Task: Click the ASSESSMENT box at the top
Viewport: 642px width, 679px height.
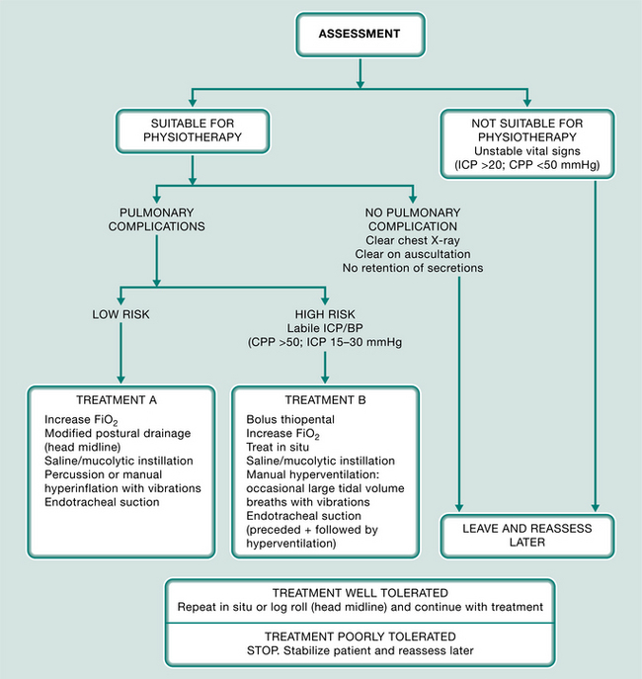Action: pos(361,35)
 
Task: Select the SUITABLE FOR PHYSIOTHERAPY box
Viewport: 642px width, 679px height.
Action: pos(193,130)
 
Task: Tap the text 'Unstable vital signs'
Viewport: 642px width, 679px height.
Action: pos(526,151)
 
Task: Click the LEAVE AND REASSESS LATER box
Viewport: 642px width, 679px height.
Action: pos(526,536)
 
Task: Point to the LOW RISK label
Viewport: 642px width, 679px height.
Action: pos(120,314)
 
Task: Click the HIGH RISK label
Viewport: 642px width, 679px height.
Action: pos(325,314)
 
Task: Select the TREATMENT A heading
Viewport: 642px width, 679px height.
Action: pos(117,400)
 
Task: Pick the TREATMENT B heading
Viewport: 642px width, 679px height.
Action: pos(325,400)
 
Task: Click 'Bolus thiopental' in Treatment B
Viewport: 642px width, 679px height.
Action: pos(290,420)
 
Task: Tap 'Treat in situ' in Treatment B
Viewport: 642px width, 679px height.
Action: pos(278,447)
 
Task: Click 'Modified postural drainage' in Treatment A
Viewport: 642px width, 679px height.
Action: pos(118,434)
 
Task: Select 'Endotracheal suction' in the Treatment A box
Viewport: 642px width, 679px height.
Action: pos(102,502)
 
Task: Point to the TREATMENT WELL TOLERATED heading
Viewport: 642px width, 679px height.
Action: pos(361,593)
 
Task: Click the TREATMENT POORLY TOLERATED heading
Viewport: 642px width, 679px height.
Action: pos(361,637)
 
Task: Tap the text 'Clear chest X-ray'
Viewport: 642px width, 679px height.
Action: pos(413,240)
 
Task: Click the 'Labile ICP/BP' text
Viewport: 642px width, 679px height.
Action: pos(325,328)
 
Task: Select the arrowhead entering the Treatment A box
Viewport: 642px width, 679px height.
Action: pos(120,379)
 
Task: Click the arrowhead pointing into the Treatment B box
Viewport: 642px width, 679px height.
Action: pos(325,379)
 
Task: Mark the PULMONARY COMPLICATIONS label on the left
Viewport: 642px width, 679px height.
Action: pos(157,219)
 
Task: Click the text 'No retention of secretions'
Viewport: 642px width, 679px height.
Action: pos(413,268)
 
